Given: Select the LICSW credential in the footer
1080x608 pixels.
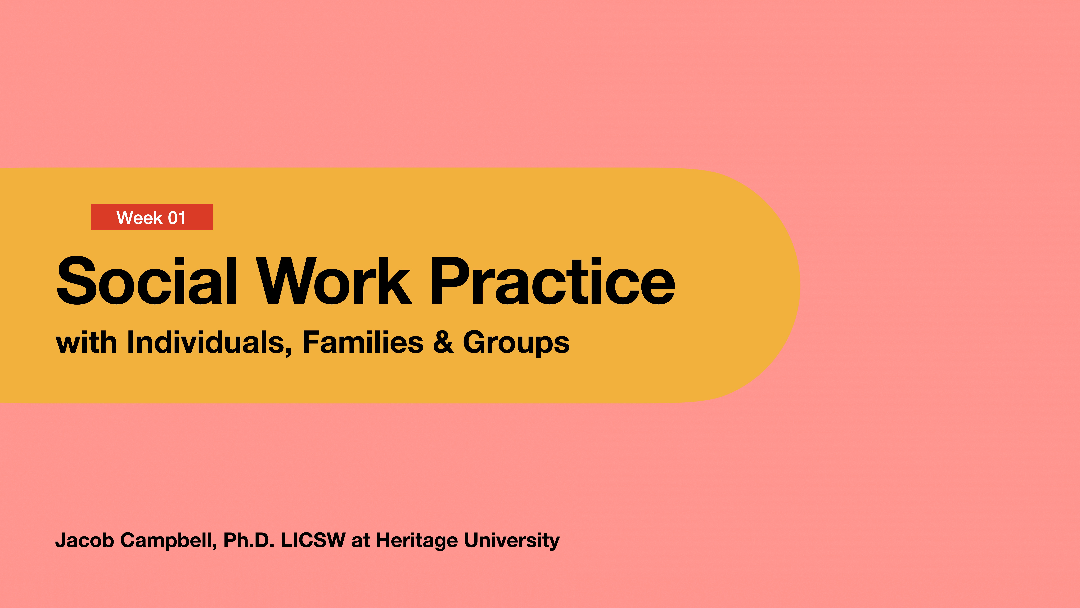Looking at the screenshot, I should point(313,540).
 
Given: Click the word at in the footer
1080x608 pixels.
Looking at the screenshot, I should point(361,540).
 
